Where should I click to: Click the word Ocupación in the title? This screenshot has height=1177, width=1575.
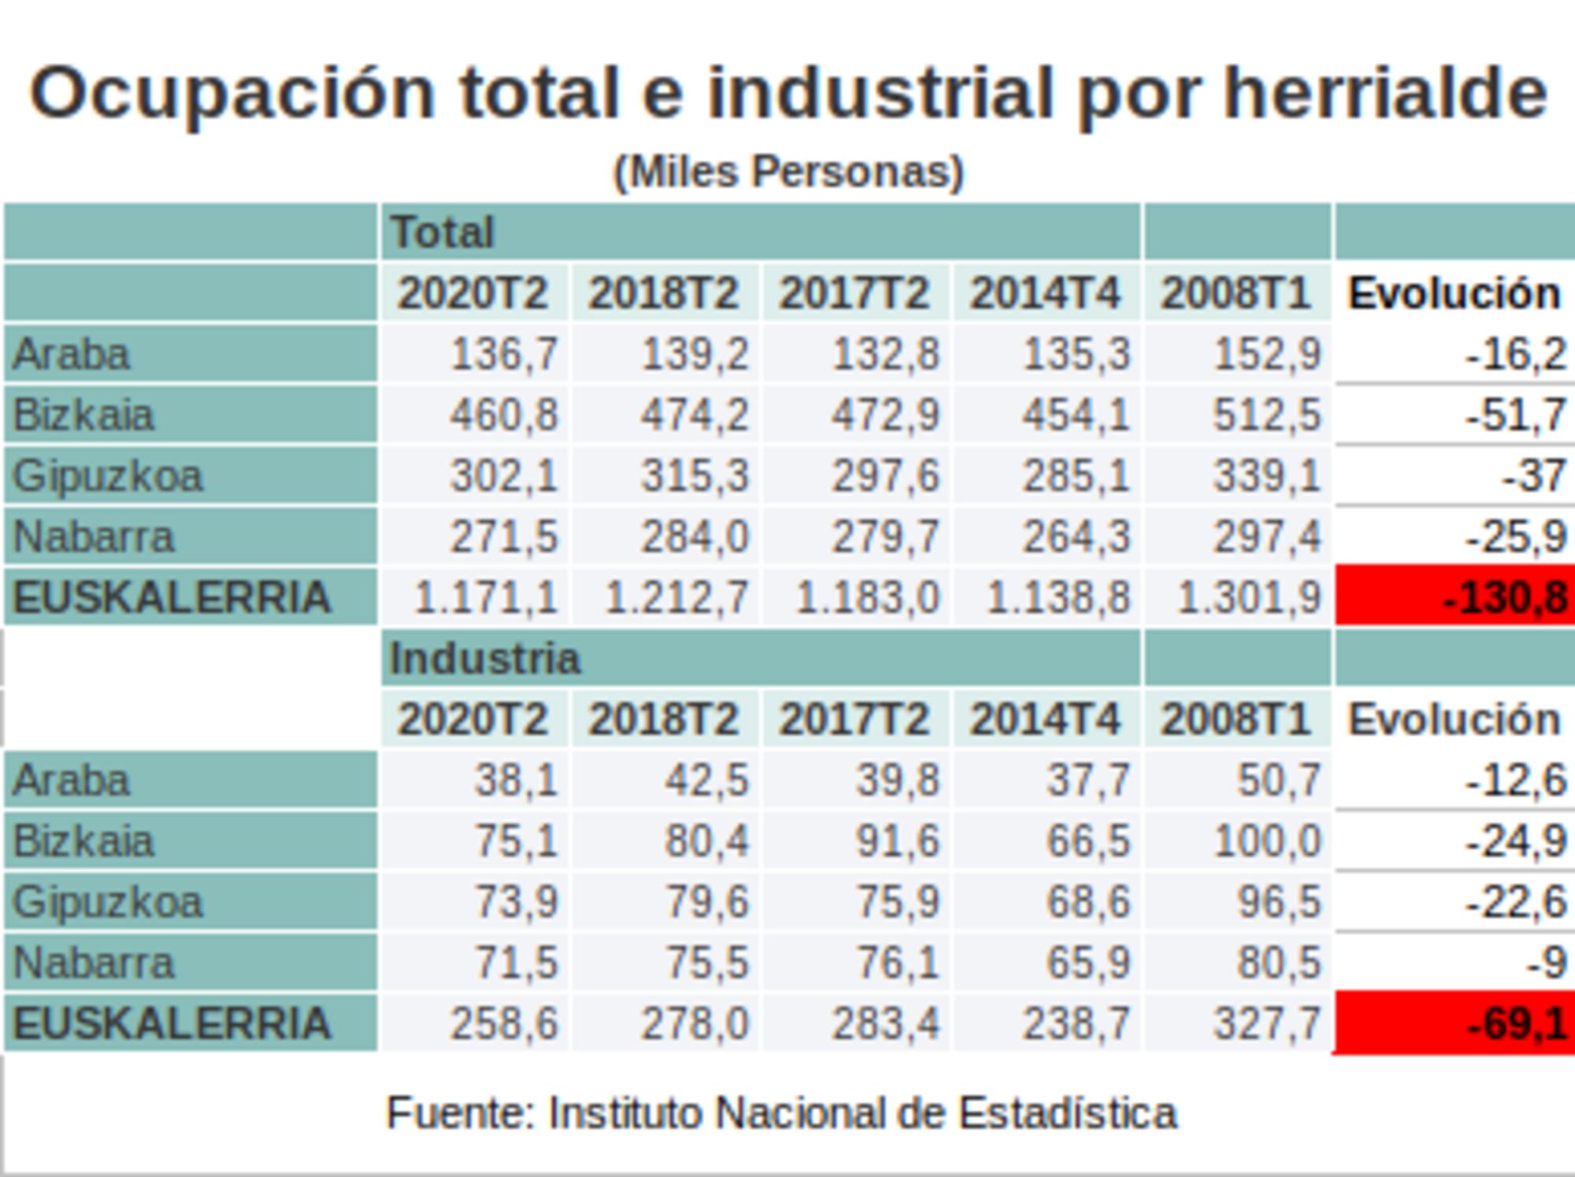(x=232, y=93)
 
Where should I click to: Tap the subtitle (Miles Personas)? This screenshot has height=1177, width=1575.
(x=788, y=172)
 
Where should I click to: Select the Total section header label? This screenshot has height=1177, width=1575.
(x=443, y=232)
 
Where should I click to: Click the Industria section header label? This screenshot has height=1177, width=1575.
(x=485, y=658)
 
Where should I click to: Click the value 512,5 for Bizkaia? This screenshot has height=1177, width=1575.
(x=1266, y=415)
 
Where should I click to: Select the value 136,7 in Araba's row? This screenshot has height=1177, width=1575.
(x=504, y=354)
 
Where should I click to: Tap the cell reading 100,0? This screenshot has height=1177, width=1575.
(x=1266, y=841)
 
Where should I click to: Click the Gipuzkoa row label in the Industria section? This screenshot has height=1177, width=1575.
(x=109, y=902)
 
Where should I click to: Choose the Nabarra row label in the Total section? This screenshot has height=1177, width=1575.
(x=94, y=537)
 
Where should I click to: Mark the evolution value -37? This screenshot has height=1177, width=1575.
(x=1532, y=476)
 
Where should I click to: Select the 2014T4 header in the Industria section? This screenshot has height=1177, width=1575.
(x=1044, y=720)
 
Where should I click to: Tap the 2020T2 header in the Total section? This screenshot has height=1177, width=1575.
(x=472, y=294)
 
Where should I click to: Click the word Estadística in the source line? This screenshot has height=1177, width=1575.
(x=1067, y=1113)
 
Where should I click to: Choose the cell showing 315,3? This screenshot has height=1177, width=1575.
(x=695, y=476)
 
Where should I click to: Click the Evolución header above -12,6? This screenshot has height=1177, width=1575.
(x=1454, y=720)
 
